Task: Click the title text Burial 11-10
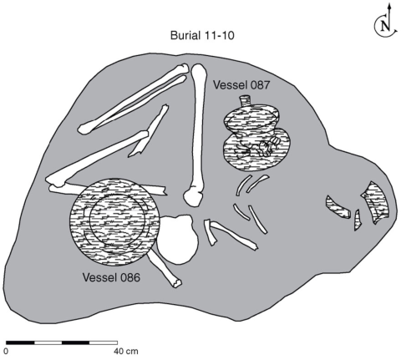click(x=202, y=35)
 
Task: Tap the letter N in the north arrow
click(x=385, y=26)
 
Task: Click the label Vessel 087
click(x=241, y=85)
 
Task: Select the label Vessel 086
click(x=111, y=277)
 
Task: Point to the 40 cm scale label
click(x=126, y=351)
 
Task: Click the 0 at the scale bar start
click(x=6, y=351)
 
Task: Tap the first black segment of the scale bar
click(x=20, y=342)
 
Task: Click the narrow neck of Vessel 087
click(x=246, y=100)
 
